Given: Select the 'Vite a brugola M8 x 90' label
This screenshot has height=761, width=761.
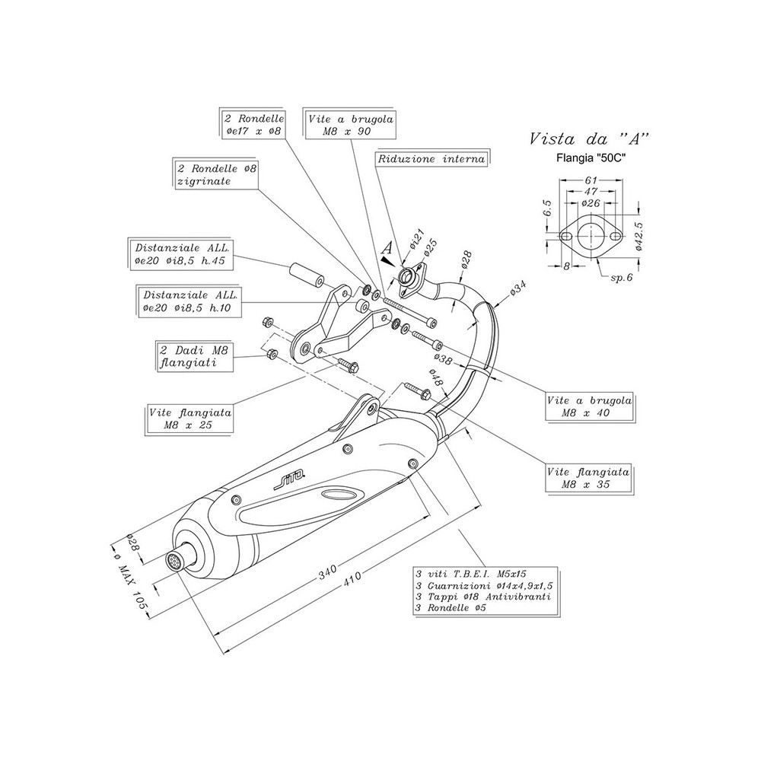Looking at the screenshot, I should (351, 126).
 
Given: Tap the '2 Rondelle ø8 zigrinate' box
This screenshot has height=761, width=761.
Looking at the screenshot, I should (214, 174).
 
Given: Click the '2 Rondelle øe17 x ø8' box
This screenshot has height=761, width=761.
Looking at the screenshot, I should (253, 126).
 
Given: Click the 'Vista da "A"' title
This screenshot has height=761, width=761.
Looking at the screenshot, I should (589, 139).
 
